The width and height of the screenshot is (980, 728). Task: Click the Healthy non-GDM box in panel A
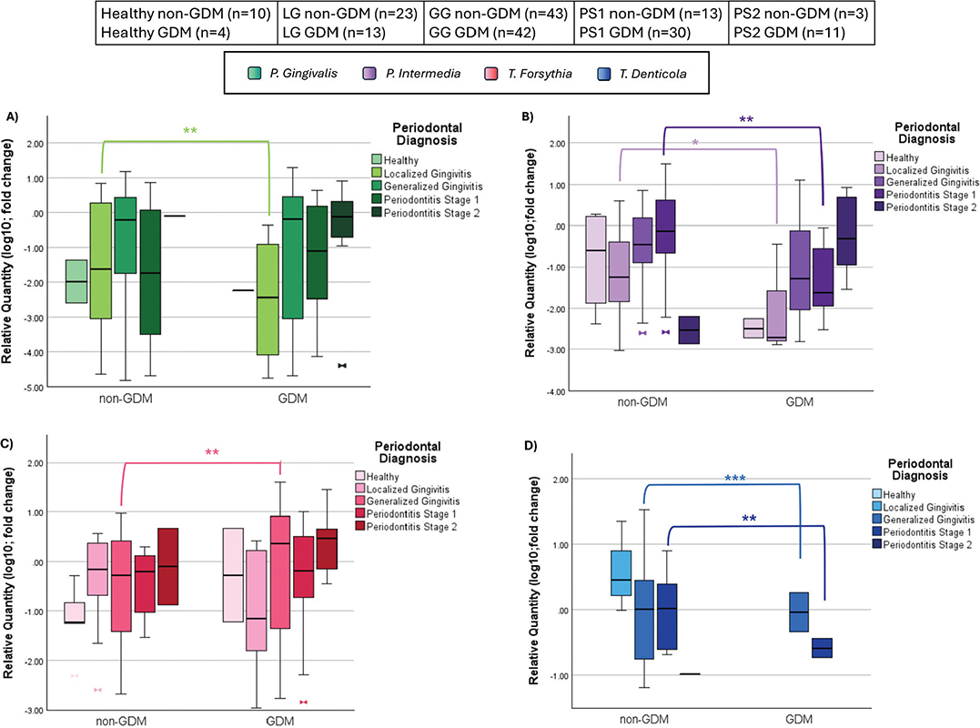pos(76,281)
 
